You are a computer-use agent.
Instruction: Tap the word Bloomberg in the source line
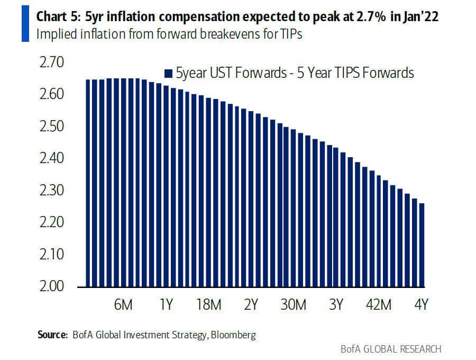coord(233,335)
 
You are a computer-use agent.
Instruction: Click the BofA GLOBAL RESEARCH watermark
coord(391,349)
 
